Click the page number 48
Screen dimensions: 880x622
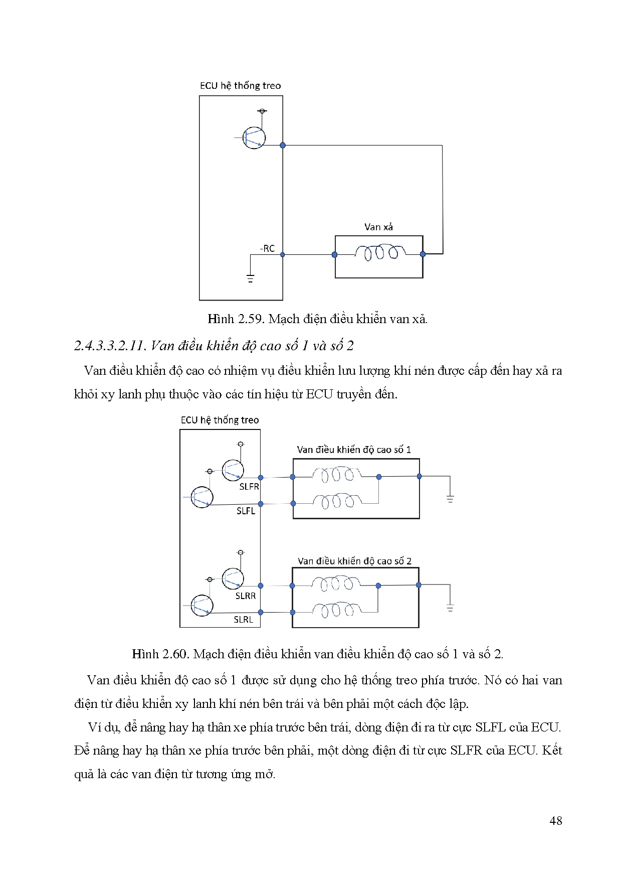tap(555, 821)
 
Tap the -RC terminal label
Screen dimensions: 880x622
tap(267, 248)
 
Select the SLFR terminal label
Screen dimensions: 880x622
tap(249, 487)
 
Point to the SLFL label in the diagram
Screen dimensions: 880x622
tap(246, 511)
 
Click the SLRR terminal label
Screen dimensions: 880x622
tap(246, 596)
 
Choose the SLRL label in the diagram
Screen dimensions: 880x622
tap(244, 620)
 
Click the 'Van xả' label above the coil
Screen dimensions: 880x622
tap(378, 227)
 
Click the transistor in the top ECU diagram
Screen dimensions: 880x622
tap(254, 137)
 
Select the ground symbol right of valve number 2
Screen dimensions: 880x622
tap(450, 607)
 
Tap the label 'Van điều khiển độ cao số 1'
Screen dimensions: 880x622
tap(354, 450)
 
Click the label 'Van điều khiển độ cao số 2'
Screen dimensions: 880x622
tap(354, 561)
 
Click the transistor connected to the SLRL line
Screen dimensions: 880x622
tap(201, 606)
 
